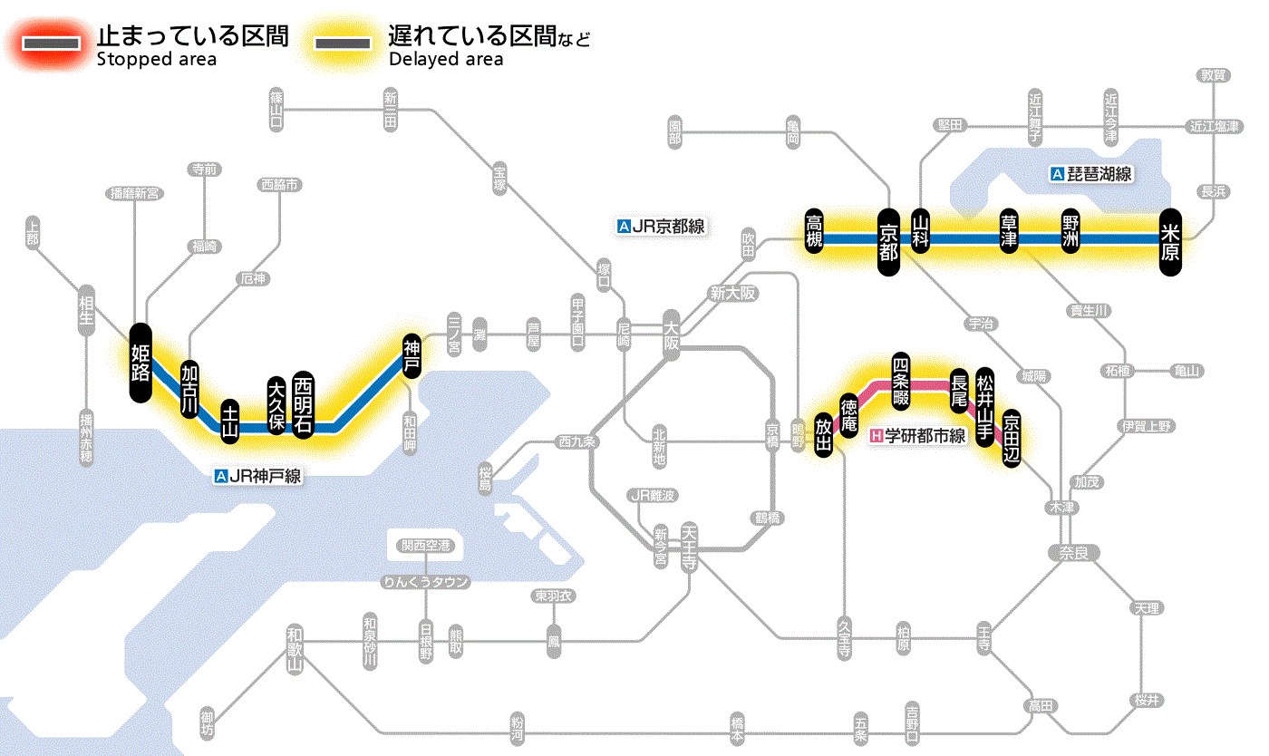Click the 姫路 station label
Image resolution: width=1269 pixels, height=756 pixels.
[x=140, y=362]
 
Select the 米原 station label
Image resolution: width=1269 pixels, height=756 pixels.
[x=1170, y=239]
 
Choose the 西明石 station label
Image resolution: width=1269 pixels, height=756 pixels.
[x=303, y=404]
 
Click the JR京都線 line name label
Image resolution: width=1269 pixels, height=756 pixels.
[x=660, y=227]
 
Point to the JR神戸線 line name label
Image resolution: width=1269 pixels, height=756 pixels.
[x=257, y=475]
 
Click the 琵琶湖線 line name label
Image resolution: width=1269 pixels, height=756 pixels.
[x=1091, y=174]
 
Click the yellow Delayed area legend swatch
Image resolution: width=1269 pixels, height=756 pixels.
[x=342, y=44]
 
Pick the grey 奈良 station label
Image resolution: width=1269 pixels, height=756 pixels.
[x=1073, y=552]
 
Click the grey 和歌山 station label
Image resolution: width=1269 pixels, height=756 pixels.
[x=294, y=649]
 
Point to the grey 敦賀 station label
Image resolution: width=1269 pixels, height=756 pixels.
[x=1212, y=76]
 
